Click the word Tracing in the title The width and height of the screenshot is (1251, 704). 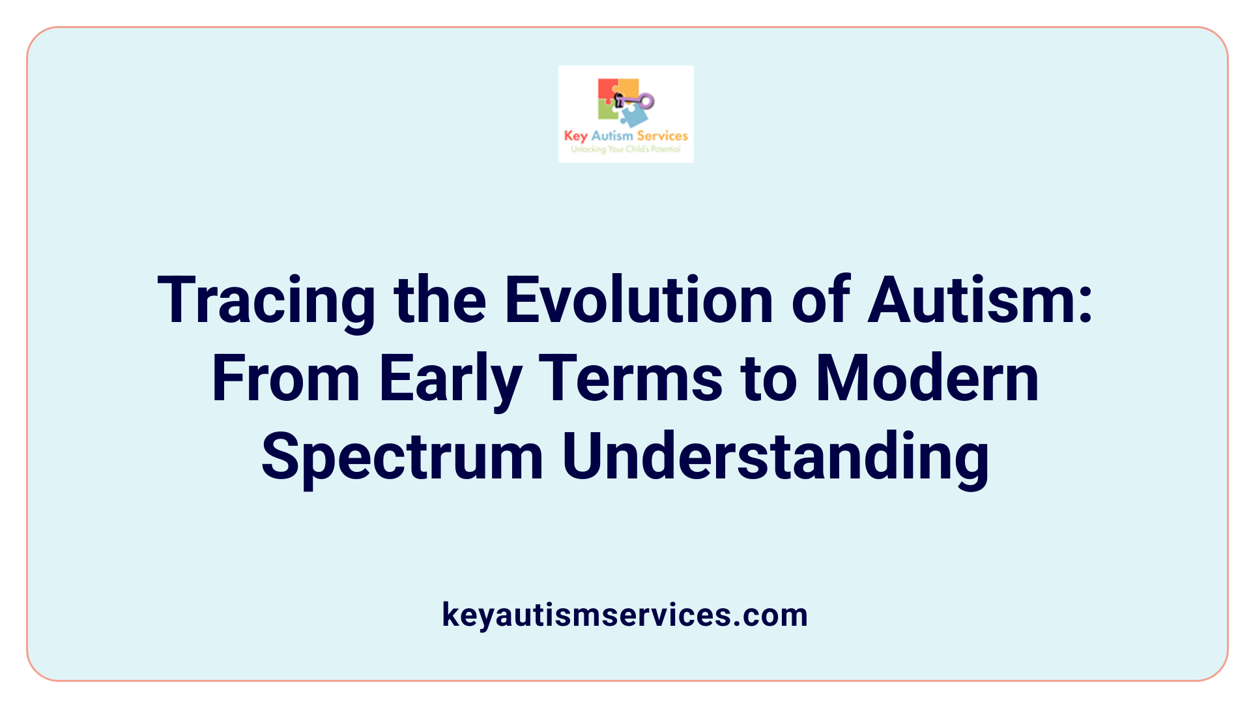[266, 301]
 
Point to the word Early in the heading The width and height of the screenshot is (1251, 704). [450, 379]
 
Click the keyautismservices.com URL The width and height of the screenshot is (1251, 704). [625, 615]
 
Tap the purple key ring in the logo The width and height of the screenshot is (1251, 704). [646, 101]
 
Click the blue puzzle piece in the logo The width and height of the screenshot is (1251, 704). [633, 116]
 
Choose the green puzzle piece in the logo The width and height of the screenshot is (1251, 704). [607, 110]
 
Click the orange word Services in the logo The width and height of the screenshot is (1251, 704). [662, 136]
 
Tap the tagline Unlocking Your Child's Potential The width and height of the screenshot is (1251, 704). [625, 149]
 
